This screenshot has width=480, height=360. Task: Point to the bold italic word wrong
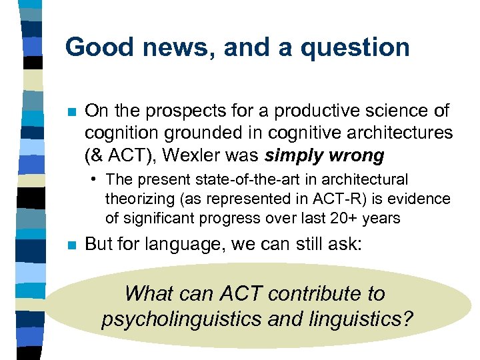pos(357,156)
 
